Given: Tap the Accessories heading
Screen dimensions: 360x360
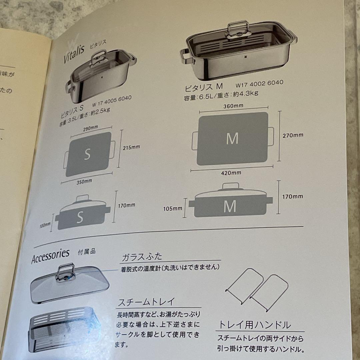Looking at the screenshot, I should (x=50, y=256).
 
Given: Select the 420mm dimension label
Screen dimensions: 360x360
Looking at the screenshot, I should (x=232, y=173).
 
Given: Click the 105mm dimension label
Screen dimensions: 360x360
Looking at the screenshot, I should (x=173, y=208).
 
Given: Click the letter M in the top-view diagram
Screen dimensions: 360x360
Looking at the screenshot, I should (x=232, y=138).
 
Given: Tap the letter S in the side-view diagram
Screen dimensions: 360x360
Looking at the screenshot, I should (x=80, y=217).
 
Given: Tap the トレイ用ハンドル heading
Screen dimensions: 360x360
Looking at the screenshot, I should (x=255, y=325).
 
